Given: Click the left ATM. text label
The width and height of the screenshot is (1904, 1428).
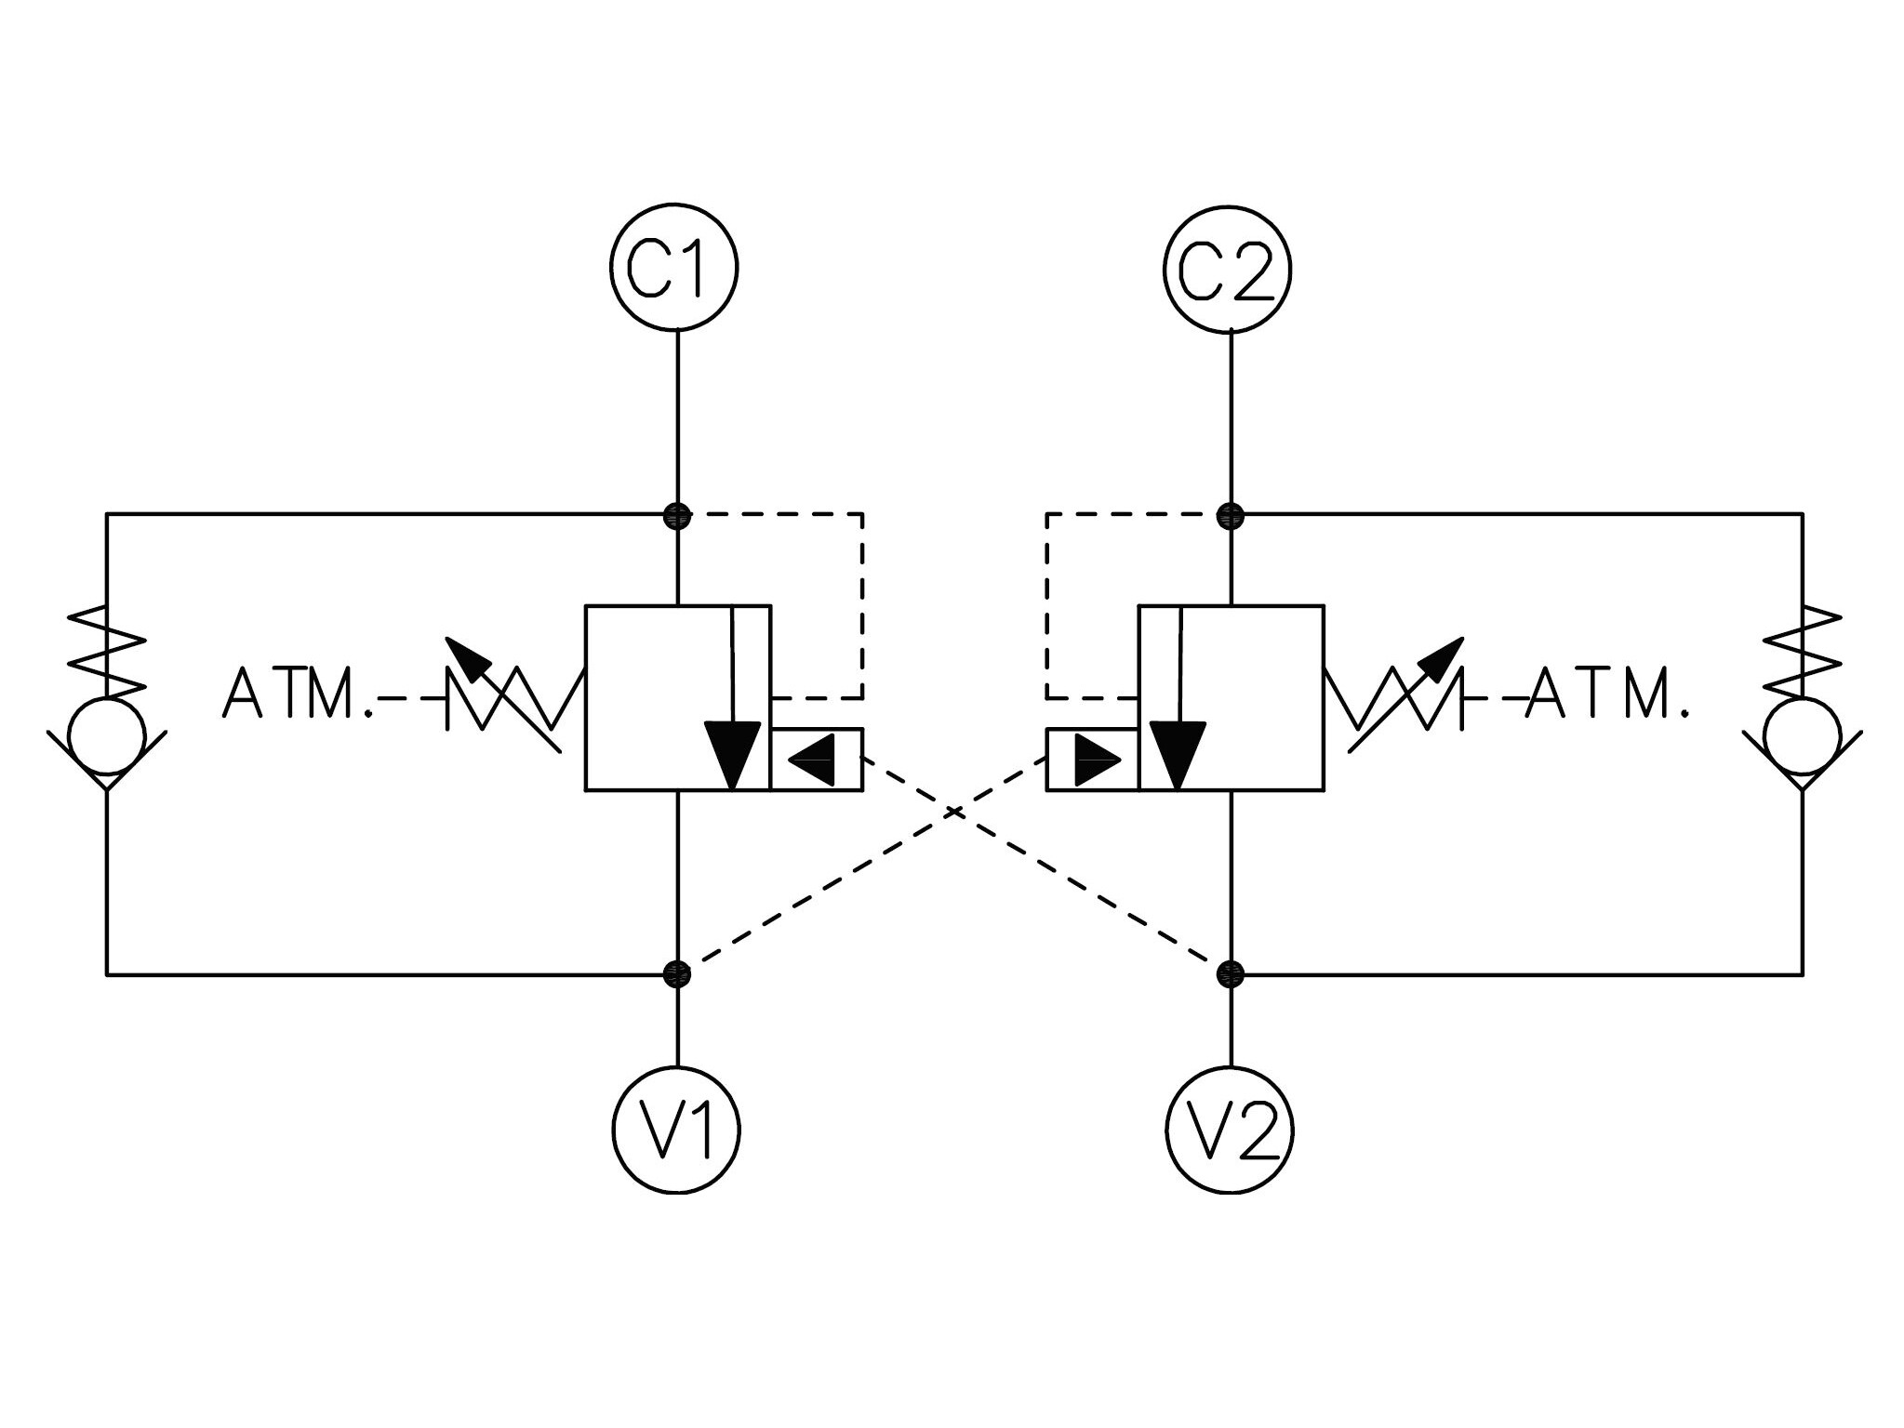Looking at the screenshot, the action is (x=298, y=694).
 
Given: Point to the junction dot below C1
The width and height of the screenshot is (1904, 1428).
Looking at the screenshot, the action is (x=678, y=514).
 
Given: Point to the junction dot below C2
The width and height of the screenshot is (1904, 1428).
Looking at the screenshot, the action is (x=1231, y=514).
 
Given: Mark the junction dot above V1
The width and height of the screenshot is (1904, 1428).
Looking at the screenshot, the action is (x=678, y=974).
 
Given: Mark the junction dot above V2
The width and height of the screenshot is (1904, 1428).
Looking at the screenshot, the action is (x=1231, y=974).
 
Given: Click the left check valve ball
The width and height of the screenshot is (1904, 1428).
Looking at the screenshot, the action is (x=107, y=735).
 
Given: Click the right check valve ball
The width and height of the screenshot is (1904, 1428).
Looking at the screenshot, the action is (x=1802, y=735).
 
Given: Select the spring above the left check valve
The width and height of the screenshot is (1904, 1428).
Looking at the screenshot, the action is (x=107, y=651).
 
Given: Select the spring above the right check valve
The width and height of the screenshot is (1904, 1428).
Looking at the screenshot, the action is (x=1802, y=651).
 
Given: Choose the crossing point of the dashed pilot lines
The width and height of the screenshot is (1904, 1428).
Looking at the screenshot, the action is (x=954, y=812).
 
